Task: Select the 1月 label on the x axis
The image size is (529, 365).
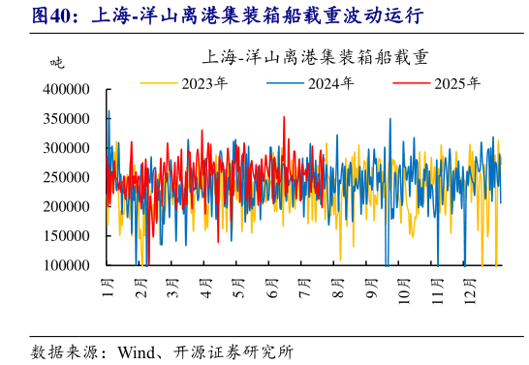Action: (x=108, y=286)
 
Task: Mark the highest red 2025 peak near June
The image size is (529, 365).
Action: (x=284, y=117)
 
